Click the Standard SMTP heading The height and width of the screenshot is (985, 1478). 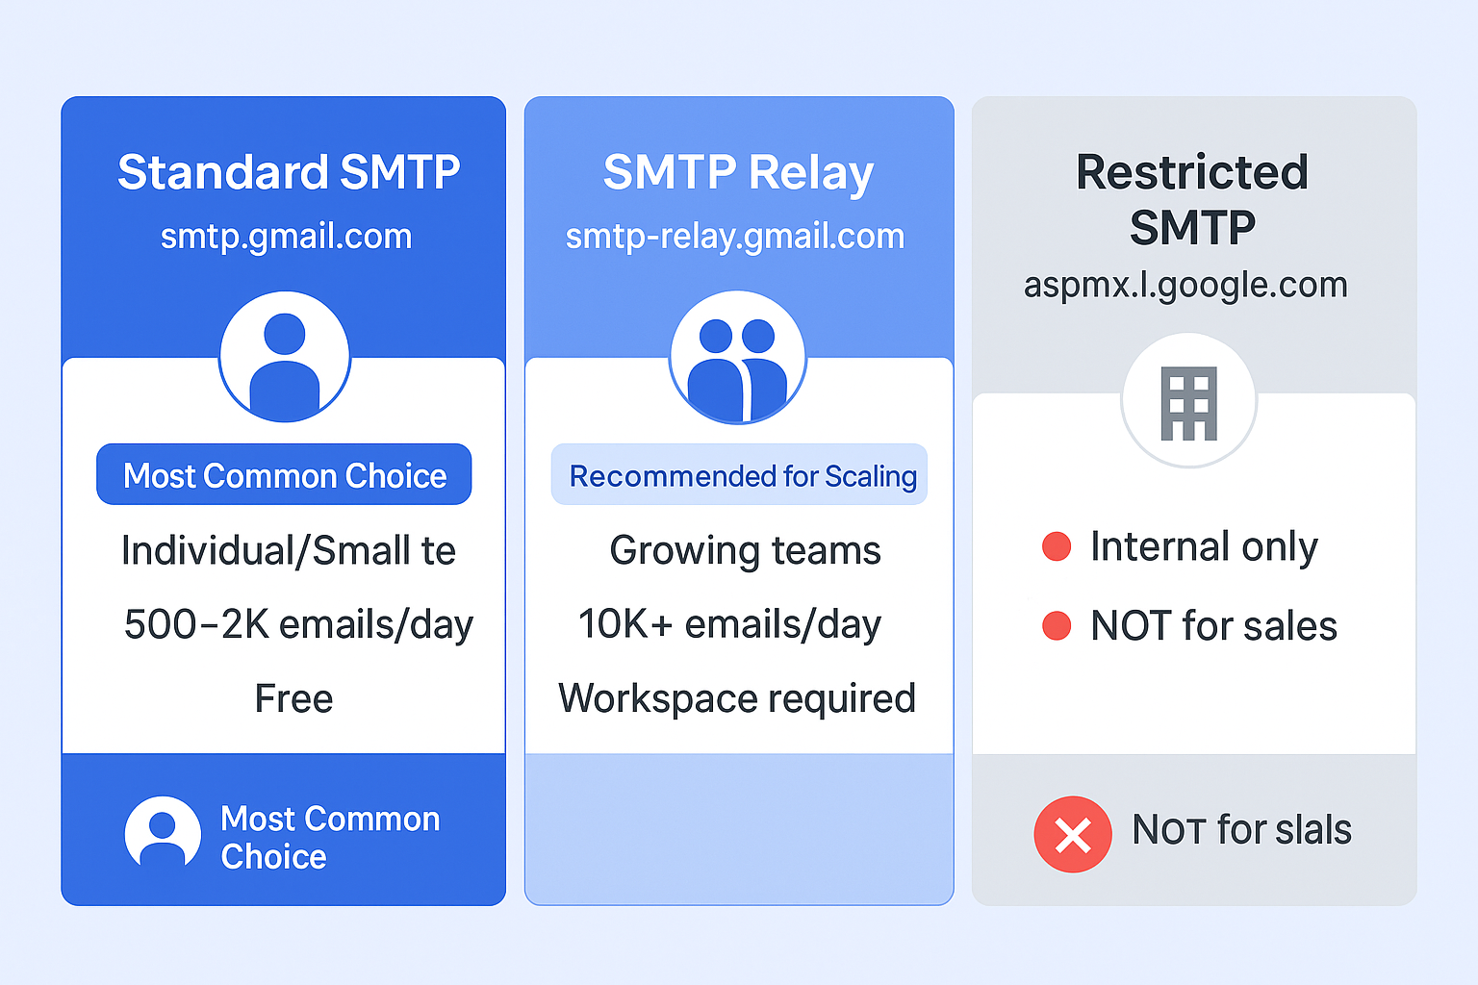(x=289, y=172)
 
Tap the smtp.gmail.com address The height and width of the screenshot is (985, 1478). (x=287, y=237)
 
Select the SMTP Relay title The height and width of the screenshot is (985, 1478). (x=738, y=173)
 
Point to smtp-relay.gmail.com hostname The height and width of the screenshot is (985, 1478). (x=735, y=237)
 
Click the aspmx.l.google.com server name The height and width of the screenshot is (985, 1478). (x=1185, y=285)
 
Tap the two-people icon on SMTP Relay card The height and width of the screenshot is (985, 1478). (x=737, y=369)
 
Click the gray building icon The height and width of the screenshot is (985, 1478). (x=1189, y=403)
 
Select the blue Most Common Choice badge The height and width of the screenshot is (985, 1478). (x=284, y=474)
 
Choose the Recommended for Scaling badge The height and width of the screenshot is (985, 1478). (x=739, y=474)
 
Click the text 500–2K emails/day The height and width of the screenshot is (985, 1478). (x=298, y=624)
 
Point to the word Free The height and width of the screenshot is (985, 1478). (x=293, y=698)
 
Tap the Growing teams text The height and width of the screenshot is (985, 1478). (x=745, y=551)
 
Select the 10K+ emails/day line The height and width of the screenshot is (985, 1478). (x=729, y=624)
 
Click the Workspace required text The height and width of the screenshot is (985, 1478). (x=737, y=698)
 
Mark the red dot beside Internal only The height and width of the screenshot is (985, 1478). (x=1057, y=546)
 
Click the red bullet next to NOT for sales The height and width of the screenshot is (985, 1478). (x=1057, y=625)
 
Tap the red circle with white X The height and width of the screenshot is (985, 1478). (x=1073, y=835)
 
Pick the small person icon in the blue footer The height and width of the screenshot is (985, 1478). (x=163, y=832)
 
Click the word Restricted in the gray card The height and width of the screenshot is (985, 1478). (x=1192, y=172)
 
